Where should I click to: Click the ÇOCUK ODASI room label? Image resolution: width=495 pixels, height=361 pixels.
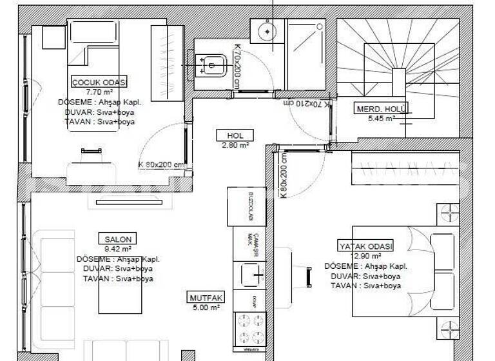coord(99,82)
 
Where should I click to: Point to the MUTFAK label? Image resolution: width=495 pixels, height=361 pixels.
coord(206,298)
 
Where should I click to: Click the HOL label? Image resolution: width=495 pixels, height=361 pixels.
coord(235,135)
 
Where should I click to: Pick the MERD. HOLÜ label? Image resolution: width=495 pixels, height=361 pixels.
coord(380,109)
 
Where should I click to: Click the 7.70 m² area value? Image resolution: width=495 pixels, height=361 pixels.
coord(99,92)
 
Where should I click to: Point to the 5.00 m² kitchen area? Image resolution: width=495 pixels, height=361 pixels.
coord(206,308)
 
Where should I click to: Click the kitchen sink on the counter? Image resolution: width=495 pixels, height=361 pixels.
coord(251,274)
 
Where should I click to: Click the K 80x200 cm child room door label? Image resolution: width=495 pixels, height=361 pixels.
coord(161,164)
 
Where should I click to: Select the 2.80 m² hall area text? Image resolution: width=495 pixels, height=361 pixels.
coord(235,145)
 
